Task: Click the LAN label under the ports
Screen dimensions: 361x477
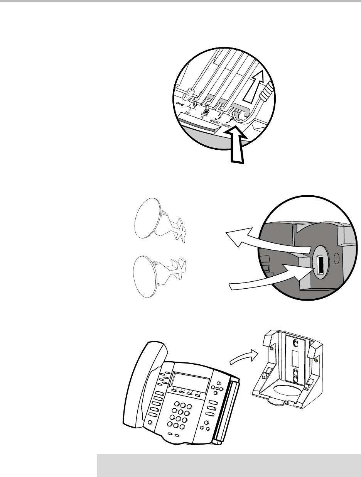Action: pos(187,113)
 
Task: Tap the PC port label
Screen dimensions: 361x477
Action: pos(202,117)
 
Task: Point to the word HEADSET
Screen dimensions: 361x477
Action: pos(215,122)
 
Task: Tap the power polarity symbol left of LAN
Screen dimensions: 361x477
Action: pos(180,104)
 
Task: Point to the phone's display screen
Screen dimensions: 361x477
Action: pos(189,383)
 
